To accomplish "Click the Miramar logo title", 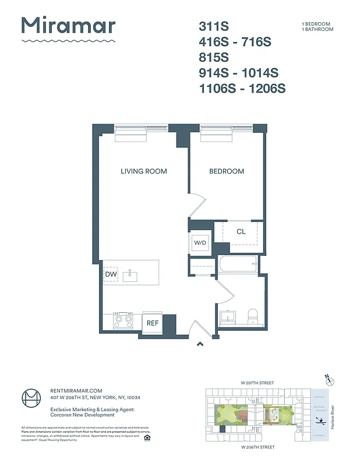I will click(68, 27).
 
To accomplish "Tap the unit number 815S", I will click(214, 58).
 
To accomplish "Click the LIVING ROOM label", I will click(143, 171).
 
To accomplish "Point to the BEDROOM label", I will click(227, 171).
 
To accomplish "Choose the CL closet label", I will click(241, 231).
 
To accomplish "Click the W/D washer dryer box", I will click(200, 242).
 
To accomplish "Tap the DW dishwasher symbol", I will click(111, 274).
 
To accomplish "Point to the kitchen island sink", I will click(130, 276).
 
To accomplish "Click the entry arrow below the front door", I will click(200, 344).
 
